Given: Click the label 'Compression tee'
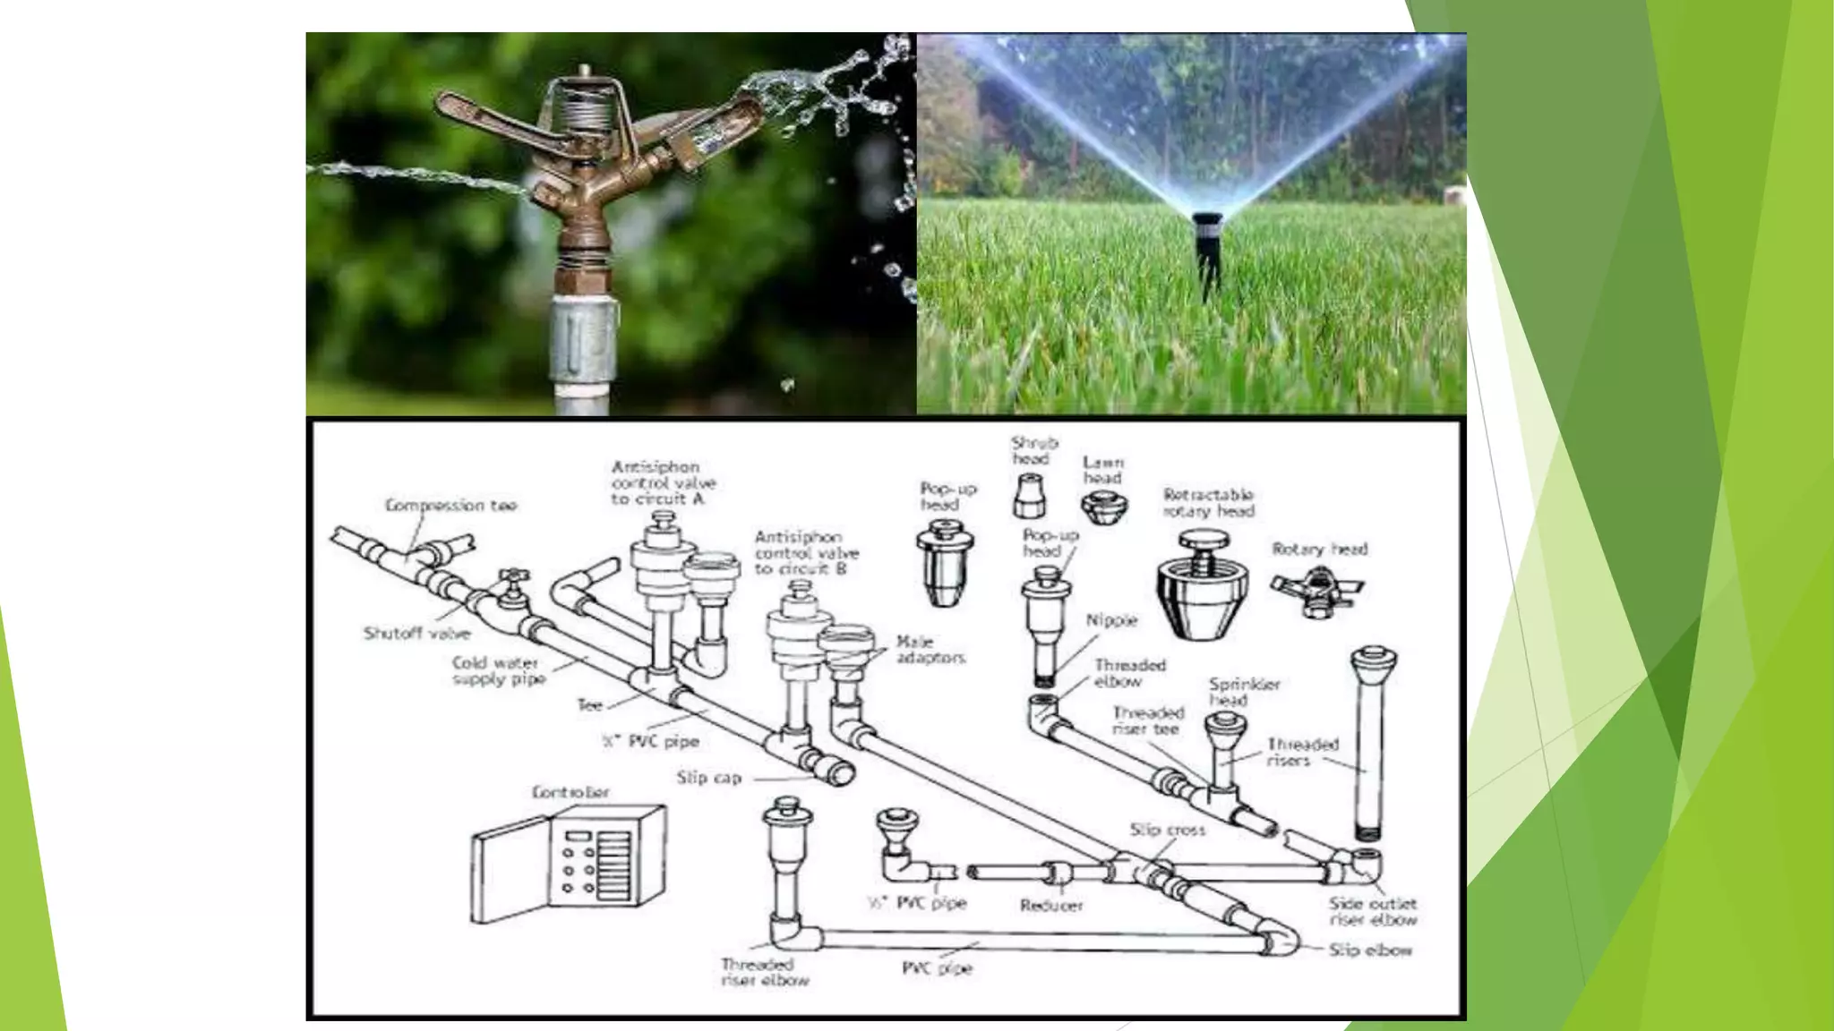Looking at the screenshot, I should tap(450, 506).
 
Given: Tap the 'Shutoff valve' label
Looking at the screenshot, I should tap(416, 634).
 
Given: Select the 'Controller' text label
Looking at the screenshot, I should tap(570, 792).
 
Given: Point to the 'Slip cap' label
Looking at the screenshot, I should tap(708, 778).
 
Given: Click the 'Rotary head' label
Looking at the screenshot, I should tap(1319, 549).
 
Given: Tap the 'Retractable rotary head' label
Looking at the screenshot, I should tap(1208, 503).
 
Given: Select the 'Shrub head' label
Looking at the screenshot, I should tap(1034, 450).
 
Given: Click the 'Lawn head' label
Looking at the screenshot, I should tap(1102, 470).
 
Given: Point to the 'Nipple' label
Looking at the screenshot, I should tap(1111, 620).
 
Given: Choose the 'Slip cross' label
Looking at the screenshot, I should tap(1167, 830).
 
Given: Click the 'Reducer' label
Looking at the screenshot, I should tap(1051, 905).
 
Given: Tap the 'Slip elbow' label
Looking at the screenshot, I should tap(1370, 950).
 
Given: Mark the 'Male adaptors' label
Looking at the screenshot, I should tap(930, 650).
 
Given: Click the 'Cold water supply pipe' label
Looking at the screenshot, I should tap(498, 670).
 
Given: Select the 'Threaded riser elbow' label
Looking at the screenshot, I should tap(764, 972).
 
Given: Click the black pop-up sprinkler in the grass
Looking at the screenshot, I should tap(1206, 246).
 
